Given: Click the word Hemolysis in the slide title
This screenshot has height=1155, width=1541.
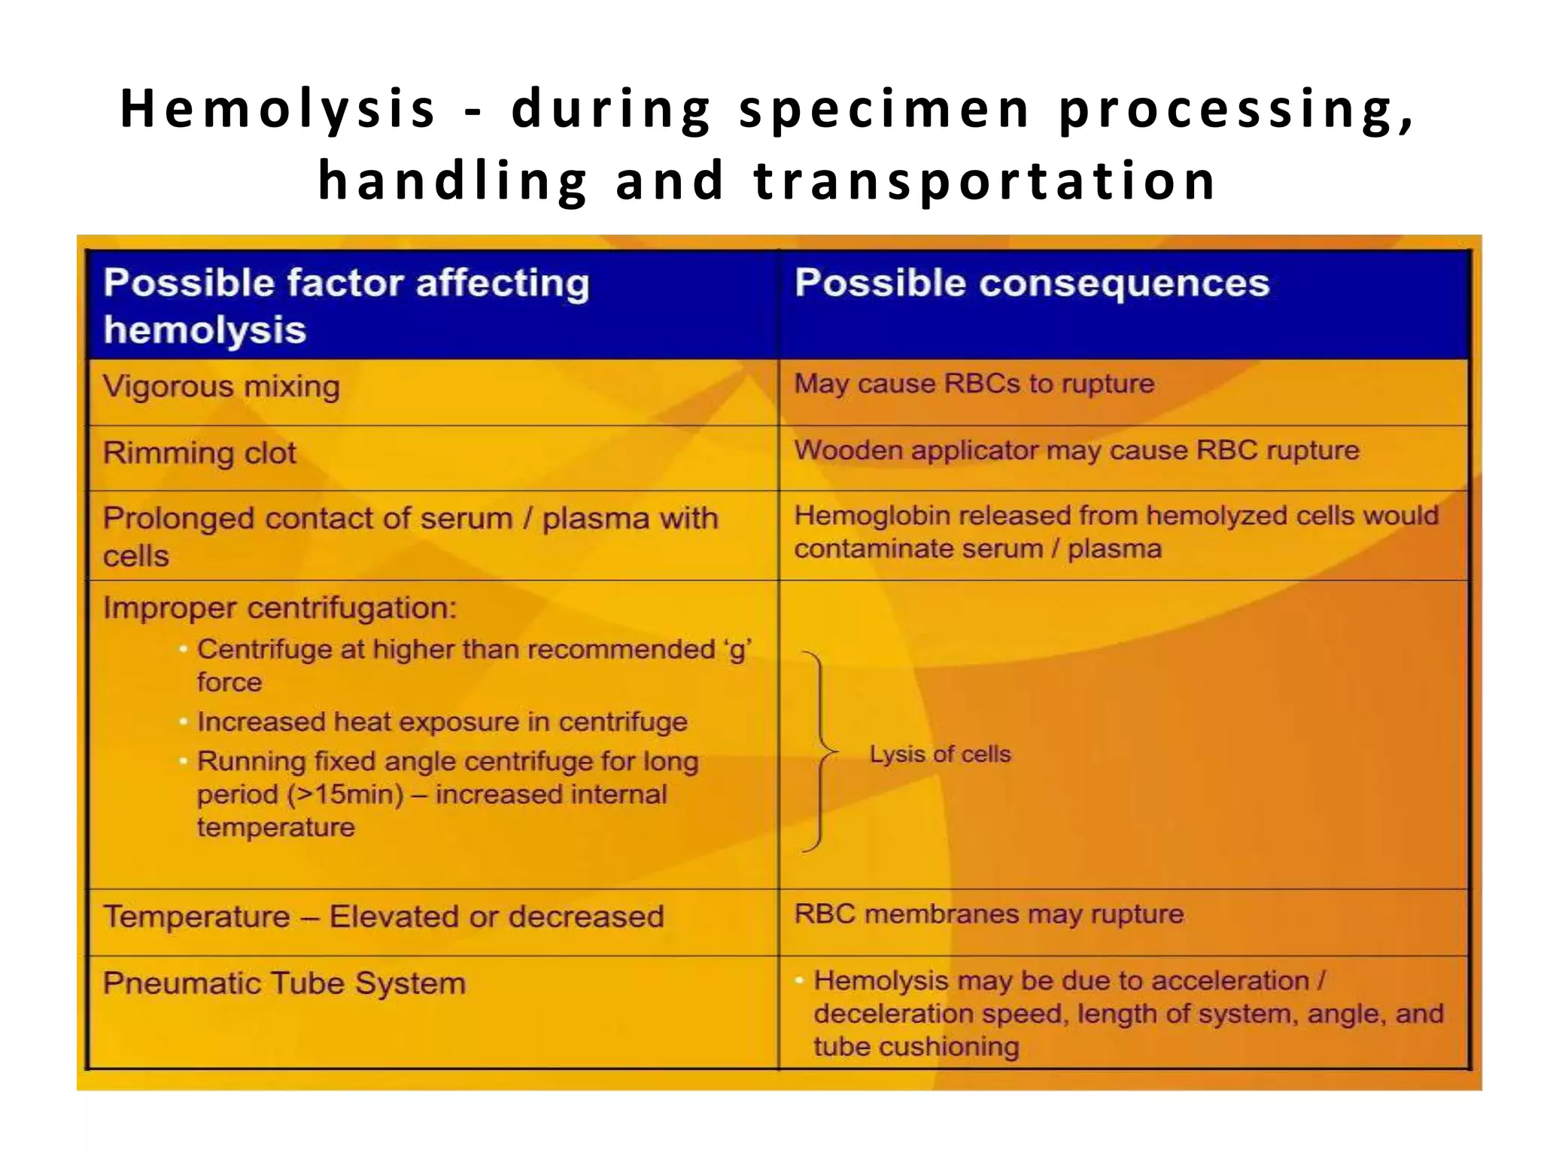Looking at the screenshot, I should click(278, 110).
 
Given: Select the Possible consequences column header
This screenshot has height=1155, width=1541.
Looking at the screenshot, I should click(1032, 284).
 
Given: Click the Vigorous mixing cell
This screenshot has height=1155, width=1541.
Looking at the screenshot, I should click(221, 387).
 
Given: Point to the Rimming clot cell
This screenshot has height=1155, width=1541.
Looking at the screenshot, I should click(199, 453).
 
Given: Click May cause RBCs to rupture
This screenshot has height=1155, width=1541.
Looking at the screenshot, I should click(974, 383).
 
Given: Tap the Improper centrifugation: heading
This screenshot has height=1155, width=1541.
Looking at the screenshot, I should click(279, 608).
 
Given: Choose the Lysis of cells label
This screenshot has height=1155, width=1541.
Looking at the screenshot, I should click(940, 754).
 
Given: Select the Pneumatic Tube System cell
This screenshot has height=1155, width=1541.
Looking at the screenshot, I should click(284, 984).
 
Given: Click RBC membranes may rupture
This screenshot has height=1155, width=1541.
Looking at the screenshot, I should click(989, 914).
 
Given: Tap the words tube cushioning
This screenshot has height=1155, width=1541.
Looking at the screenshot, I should click(916, 1047).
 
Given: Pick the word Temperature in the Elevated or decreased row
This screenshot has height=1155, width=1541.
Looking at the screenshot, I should click(196, 917).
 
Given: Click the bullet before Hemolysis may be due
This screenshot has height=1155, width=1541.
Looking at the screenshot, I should click(799, 981).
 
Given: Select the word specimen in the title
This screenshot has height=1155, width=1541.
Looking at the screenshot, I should click(885, 110).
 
